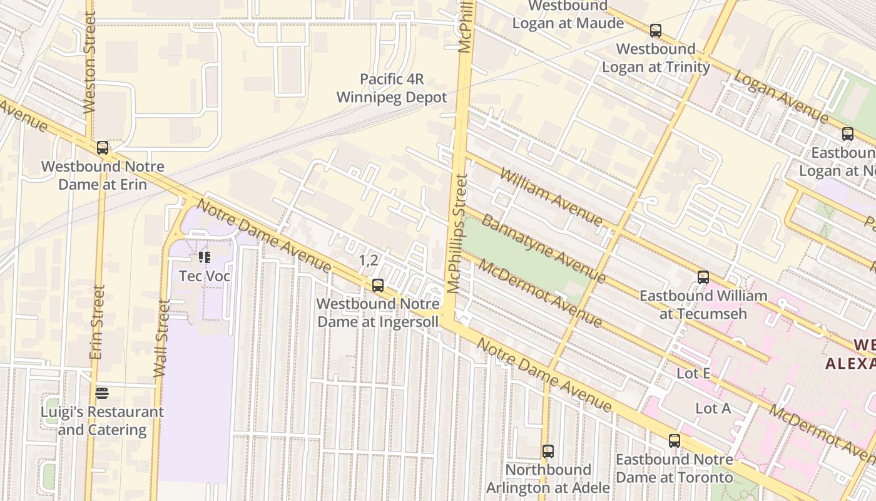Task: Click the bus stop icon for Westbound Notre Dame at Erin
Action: click(103, 148)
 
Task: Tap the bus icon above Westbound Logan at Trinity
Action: click(655, 30)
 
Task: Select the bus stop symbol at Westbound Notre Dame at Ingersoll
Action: click(377, 286)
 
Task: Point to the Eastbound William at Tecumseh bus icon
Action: click(703, 277)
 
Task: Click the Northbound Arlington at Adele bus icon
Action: click(548, 451)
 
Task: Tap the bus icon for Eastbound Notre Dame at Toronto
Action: click(674, 440)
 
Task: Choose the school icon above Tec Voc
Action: click(205, 257)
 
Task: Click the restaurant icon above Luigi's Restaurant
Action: click(102, 393)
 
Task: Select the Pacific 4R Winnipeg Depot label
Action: click(392, 88)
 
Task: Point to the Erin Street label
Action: click(96, 323)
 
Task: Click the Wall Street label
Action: click(162, 338)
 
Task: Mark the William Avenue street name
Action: click(550, 197)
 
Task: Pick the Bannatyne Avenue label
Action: click(543, 247)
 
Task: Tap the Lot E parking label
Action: click(693, 373)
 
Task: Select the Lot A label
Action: click(713, 408)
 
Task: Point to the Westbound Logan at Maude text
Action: click(568, 15)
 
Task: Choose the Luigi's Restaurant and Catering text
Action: click(102, 421)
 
